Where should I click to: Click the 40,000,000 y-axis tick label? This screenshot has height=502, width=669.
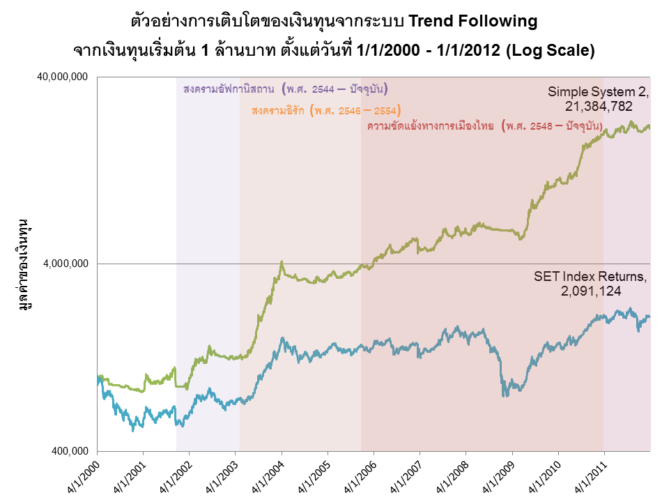[62, 77]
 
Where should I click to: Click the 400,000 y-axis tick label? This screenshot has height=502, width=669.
[70, 450]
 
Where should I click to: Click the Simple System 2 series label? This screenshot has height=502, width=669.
[598, 92]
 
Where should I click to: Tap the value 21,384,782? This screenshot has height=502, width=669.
[598, 106]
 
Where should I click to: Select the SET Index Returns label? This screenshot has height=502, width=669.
[590, 277]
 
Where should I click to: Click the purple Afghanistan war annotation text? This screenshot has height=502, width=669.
[286, 90]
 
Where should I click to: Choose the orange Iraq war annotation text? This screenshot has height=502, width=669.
[325, 111]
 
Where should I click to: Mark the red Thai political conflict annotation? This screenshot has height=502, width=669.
[485, 127]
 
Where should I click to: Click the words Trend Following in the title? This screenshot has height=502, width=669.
[473, 22]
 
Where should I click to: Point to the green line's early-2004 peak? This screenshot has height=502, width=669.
[282, 262]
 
